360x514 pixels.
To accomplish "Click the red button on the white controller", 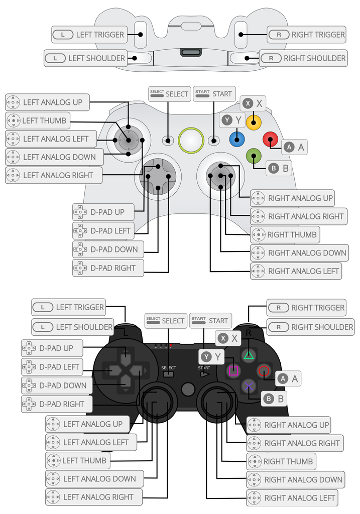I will (x=271, y=139).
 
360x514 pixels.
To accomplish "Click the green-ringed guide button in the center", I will (x=191, y=141).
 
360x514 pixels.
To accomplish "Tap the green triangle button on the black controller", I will (x=248, y=355).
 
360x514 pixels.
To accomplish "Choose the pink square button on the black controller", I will (x=233, y=371).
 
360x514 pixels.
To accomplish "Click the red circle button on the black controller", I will (x=264, y=371).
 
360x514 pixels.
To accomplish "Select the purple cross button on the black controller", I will (x=248, y=386).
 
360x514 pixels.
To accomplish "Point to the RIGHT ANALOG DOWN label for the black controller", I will (x=296, y=479).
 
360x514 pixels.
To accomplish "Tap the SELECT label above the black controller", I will (x=165, y=321).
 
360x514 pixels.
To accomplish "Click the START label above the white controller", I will (x=214, y=94).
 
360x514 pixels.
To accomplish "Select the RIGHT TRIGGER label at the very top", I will (x=307, y=35).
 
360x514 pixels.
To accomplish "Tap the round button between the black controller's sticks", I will (x=188, y=389).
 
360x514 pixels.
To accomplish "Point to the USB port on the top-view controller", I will (x=190, y=52).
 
